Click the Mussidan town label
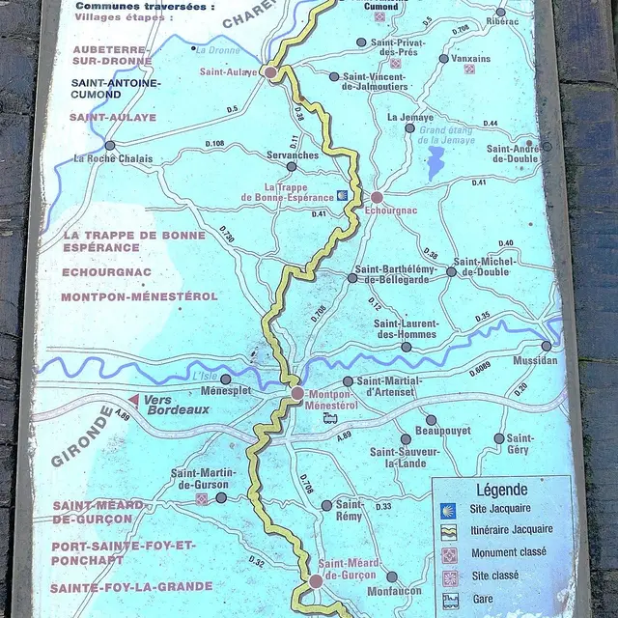536,360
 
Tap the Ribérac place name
504,21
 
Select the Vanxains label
471,58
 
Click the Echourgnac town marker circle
377,198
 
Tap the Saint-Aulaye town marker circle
271,71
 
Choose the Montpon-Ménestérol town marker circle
297,393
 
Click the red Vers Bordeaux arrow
135,399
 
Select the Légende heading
502,491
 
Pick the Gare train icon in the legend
450,600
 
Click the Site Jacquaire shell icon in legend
449,508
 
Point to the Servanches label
293,154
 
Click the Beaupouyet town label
441,430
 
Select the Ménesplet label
226,391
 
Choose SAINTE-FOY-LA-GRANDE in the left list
131,586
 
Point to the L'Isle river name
204,375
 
